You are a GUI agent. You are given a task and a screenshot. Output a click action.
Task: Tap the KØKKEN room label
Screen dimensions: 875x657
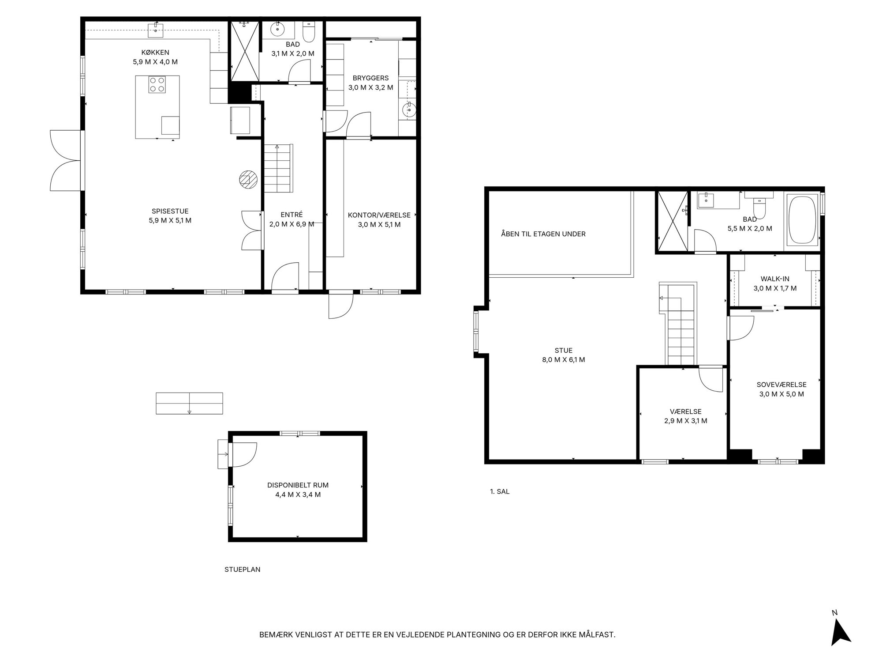155,53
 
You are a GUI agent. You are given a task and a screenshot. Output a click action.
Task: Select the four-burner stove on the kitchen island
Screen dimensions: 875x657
157,84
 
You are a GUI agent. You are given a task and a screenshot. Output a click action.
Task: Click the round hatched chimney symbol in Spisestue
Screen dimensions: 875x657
247,179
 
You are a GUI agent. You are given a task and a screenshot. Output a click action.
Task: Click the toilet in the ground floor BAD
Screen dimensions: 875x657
308,32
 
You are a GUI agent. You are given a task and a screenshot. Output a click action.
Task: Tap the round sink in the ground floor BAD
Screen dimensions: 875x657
277,28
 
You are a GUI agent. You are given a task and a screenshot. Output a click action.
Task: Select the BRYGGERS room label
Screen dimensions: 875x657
370,78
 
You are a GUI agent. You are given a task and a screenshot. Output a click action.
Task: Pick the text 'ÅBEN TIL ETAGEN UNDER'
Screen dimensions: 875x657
543,234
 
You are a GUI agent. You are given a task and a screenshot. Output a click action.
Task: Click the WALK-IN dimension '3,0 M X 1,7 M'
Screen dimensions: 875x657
775,288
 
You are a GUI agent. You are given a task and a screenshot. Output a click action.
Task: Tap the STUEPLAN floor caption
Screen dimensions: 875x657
242,570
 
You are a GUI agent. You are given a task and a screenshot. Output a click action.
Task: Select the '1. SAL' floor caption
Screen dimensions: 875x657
500,491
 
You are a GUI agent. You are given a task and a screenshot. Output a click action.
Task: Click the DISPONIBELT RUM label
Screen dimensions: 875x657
298,485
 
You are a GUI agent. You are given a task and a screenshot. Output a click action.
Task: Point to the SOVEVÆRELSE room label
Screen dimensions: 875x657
782,385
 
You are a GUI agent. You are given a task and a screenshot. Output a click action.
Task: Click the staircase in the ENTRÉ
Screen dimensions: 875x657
278,168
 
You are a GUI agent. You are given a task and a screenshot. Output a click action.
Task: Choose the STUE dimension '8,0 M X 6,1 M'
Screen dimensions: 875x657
564,360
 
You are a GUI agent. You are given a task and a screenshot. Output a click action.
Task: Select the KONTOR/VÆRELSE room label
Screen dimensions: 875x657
379,215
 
